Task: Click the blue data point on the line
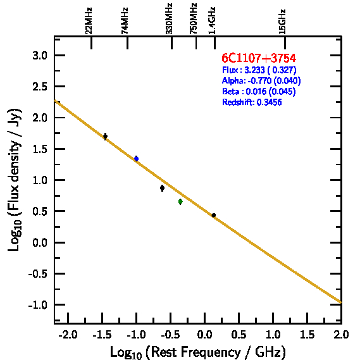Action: click(137, 159)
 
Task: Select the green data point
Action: click(180, 202)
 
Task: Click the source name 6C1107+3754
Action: click(259, 58)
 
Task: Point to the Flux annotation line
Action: click(259, 70)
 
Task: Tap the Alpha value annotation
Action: click(261, 81)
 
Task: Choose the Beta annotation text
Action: click(259, 92)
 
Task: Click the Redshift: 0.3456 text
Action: click(252, 102)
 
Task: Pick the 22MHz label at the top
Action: click(89, 21)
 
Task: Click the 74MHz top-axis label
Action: click(125, 21)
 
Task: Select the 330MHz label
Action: click(169, 19)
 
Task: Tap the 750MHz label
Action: click(194, 19)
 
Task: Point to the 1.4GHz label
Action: click(212, 21)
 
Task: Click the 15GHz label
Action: click(282, 22)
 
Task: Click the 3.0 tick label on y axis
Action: click(40, 56)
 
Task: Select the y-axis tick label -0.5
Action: click(38, 274)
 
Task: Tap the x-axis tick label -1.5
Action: click(102, 335)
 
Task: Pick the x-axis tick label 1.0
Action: click(273, 335)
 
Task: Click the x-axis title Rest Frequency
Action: click(197, 352)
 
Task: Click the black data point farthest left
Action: click(106, 137)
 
